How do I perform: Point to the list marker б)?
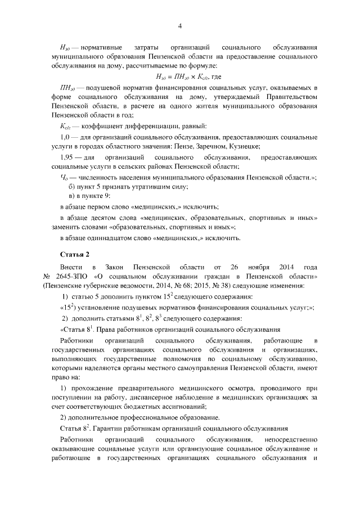(x=71, y=186)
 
